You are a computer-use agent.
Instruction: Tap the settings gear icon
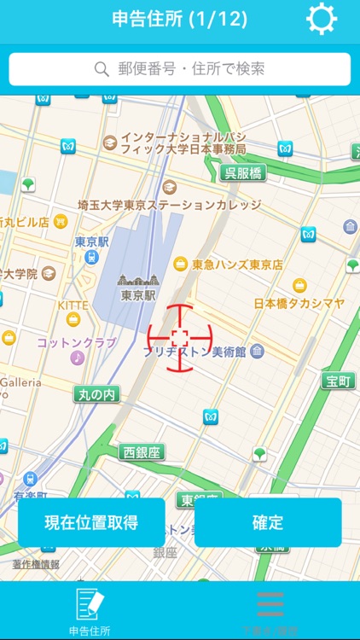pyautogui.click(x=322, y=19)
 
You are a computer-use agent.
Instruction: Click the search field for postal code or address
pyautogui.click(x=180, y=69)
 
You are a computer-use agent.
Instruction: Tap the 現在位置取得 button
pyautogui.click(x=91, y=522)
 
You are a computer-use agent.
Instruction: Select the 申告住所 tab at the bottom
pyautogui.click(x=90, y=611)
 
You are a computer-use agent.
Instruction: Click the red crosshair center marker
pyautogui.click(x=179, y=339)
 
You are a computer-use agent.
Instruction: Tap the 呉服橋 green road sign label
pyautogui.click(x=242, y=173)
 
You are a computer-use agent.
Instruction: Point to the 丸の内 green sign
pyautogui.click(x=96, y=394)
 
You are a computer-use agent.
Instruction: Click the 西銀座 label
pyautogui.click(x=142, y=452)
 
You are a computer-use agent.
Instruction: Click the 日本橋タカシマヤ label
pyautogui.click(x=299, y=303)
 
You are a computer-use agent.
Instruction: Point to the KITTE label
pyautogui.click(x=73, y=305)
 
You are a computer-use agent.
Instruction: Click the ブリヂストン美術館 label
pyautogui.click(x=202, y=352)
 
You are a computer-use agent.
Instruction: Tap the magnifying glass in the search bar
pyautogui.click(x=102, y=69)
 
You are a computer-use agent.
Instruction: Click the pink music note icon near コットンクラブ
pyautogui.click(x=78, y=358)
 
